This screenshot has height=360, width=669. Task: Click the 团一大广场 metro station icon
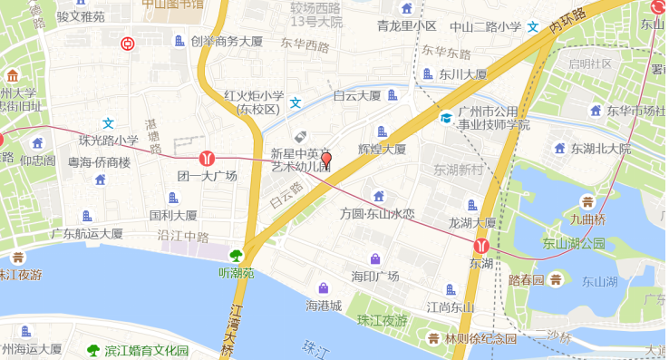[x=207, y=158]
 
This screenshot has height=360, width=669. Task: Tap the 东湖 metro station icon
[x=481, y=245]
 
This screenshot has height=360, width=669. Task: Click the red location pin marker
[x=326, y=162]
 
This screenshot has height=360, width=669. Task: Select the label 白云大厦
[x=356, y=95]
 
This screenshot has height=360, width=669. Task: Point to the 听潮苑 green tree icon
[x=238, y=256]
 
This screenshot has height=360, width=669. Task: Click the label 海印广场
[x=375, y=276]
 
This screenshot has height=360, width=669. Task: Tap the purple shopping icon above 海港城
[x=324, y=287]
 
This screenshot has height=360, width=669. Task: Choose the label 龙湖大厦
[x=472, y=223]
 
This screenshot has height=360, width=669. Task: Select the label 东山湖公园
[x=574, y=243]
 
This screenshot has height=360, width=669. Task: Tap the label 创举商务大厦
[x=226, y=41]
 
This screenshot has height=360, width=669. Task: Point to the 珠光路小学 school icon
[x=108, y=123]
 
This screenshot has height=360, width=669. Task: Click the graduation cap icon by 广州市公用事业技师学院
[x=445, y=118]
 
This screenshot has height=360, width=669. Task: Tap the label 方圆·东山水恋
[x=377, y=214]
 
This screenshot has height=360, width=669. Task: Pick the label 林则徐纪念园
[x=480, y=338]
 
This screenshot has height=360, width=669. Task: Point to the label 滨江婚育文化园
[x=146, y=350]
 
